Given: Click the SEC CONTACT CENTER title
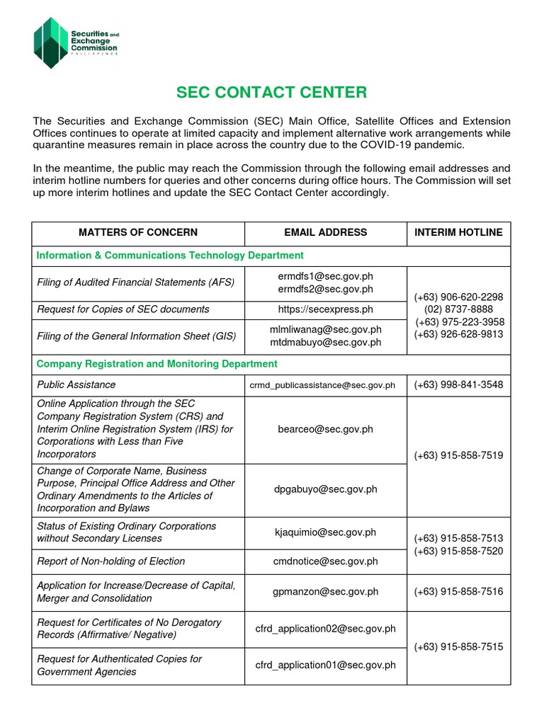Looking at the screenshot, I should coord(272,93).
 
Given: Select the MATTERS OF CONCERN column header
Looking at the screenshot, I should coord(138,232).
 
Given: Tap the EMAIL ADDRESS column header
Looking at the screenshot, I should coord(325,232).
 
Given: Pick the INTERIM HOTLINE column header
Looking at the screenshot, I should coord(458,232).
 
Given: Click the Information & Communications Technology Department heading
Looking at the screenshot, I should coord(170,255).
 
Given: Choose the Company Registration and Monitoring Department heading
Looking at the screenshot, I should coord(157,364).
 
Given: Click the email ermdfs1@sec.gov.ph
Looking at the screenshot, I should coord(325,276).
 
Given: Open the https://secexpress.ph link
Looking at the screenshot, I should coord(325,309).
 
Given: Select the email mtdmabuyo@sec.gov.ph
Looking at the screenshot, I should coord(325,342).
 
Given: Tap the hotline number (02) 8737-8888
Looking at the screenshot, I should coord(458,309).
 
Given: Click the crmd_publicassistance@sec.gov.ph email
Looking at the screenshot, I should coord(322,385).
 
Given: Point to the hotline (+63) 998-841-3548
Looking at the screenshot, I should coord(458,385).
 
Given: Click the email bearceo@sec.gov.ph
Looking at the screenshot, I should coord(325,429).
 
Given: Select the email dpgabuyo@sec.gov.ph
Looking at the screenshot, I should coord(325,489).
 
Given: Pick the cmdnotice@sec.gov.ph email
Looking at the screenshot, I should coord(325,561).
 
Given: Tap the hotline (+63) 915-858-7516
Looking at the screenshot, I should coord(458,591).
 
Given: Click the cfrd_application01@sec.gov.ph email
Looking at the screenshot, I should coord(325,665).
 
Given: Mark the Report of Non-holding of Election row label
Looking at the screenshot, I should coord(110,561).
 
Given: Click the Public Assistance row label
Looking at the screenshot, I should coord(76,384).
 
